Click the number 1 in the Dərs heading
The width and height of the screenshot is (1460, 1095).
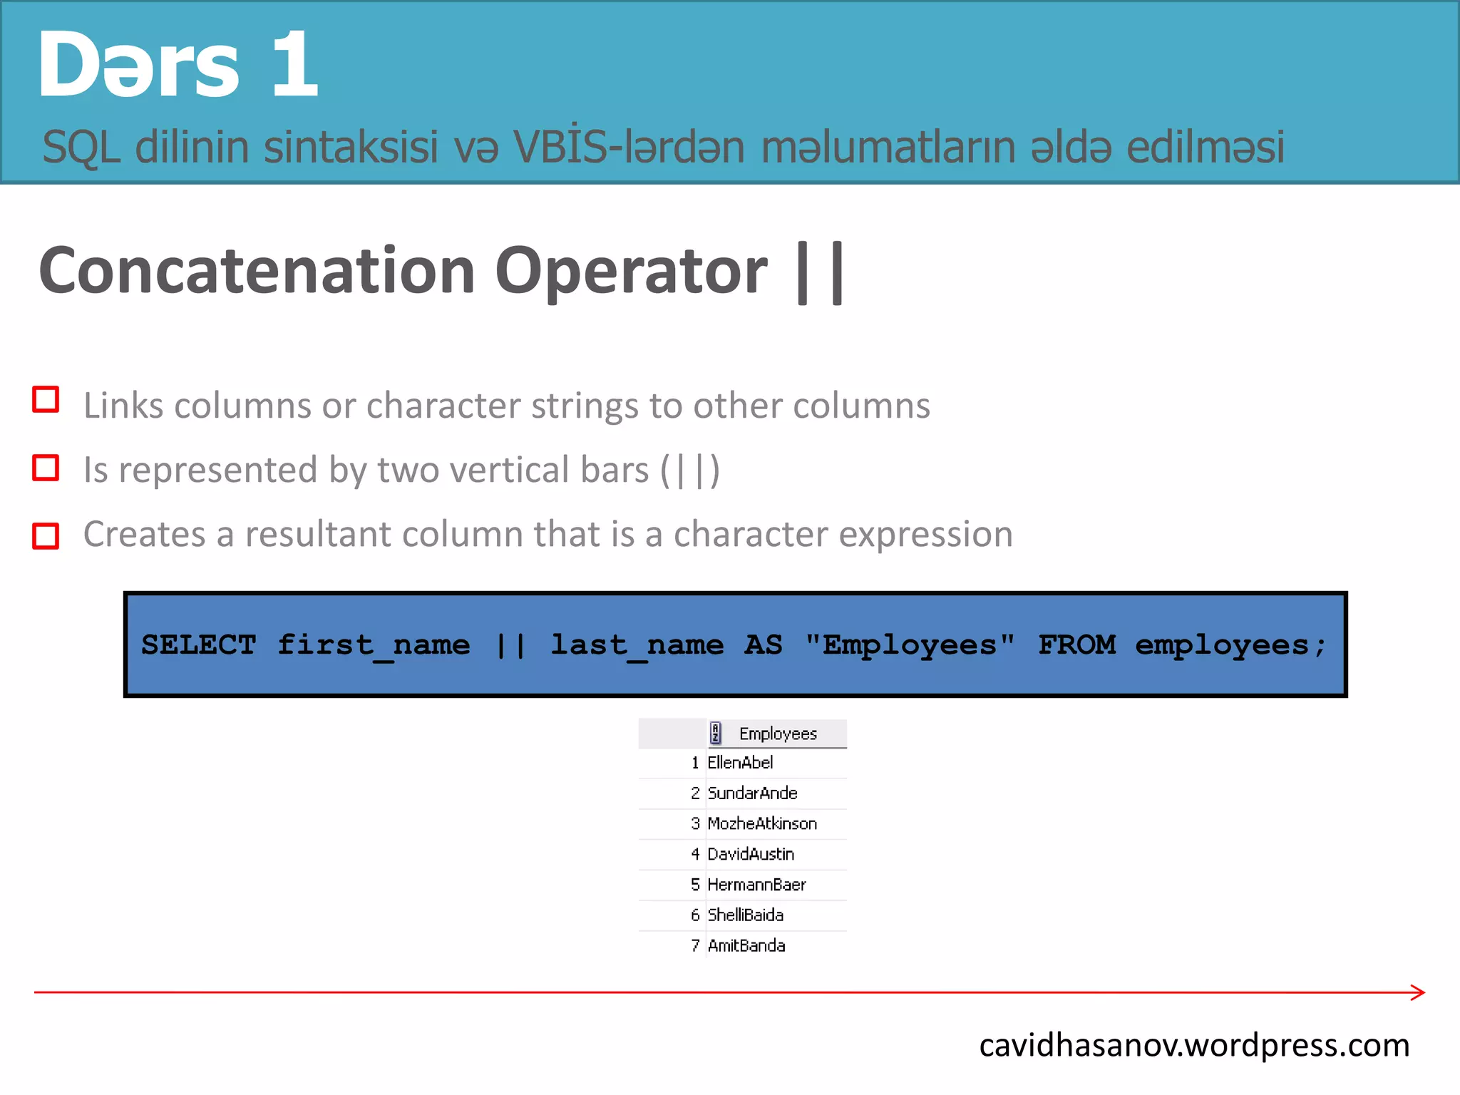pos(294,64)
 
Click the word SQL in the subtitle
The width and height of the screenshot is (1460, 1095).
pos(81,148)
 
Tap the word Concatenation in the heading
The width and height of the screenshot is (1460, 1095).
pos(257,271)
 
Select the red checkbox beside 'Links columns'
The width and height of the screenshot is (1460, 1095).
pos(46,400)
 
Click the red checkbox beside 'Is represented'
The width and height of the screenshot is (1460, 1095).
pos(46,468)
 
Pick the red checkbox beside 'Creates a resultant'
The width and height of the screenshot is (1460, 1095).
pos(46,536)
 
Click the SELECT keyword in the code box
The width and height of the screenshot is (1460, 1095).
pos(198,645)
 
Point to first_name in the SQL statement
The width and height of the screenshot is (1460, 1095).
pos(374,645)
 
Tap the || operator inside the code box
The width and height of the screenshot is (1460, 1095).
pos(510,645)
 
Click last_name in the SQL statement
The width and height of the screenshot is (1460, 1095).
pos(637,645)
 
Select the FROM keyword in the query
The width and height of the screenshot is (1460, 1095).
pos(1076,645)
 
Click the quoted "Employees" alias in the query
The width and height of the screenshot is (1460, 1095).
pos(910,645)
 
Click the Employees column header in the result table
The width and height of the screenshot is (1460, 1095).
pos(778,734)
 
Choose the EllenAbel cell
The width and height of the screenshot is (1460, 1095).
pos(740,763)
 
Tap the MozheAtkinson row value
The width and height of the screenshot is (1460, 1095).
pos(762,824)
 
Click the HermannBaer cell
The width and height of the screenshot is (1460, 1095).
pos(756,885)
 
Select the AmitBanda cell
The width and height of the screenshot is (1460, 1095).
pos(746,946)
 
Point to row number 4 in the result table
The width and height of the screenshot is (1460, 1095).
pos(695,854)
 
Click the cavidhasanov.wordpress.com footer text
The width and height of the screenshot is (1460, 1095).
pos(1194,1046)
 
